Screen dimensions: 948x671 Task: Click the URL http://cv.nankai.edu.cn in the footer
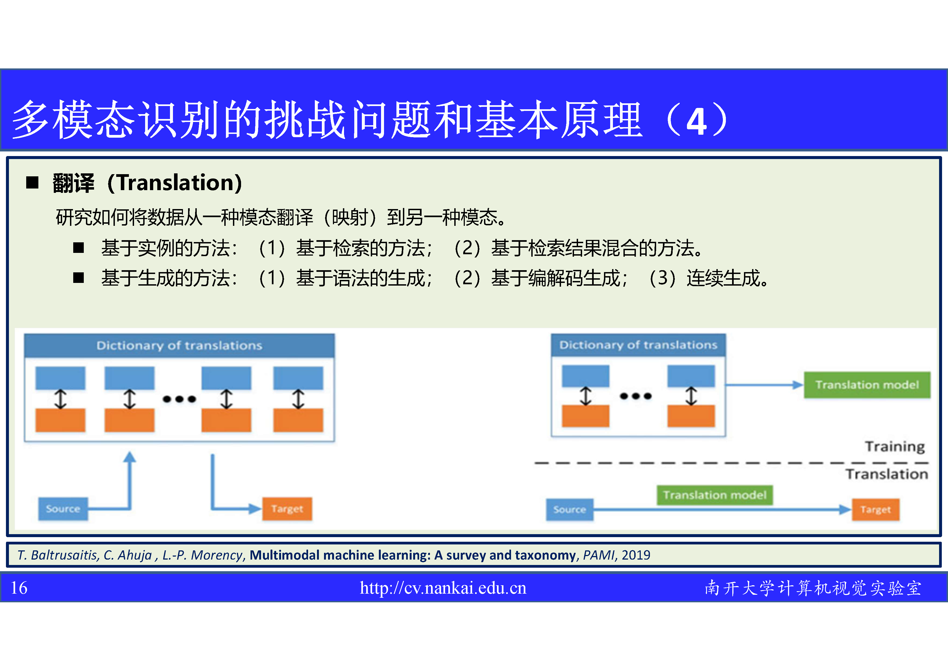pyautogui.click(x=443, y=588)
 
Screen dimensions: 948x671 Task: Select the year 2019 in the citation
pyautogui.click(x=636, y=555)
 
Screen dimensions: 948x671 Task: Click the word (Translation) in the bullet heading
pyautogui.click(x=175, y=183)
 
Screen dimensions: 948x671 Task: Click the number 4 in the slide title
pyautogui.click(x=697, y=121)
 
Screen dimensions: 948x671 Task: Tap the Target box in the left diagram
pyautogui.click(x=287, y=509)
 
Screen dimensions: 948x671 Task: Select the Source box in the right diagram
pyautogui.click(x=570, y=510)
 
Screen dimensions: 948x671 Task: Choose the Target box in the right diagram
pyautogui.click(x=875, y=510)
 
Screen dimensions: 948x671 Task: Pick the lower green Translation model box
pyautogui.click(x=715, y=495)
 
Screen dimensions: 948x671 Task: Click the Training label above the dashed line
pyautogui.click(x=895, y=447)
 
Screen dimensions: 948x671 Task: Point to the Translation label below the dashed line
pyautogui.click(x=887, y=474)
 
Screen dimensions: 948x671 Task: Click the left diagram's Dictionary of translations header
pyautogui.click(x=179, y=345)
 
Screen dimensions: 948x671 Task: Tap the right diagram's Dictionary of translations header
pyautogui.click(x=638, y=345)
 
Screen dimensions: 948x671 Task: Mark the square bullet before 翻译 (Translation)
pyautogui.click(x=32, y=182)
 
